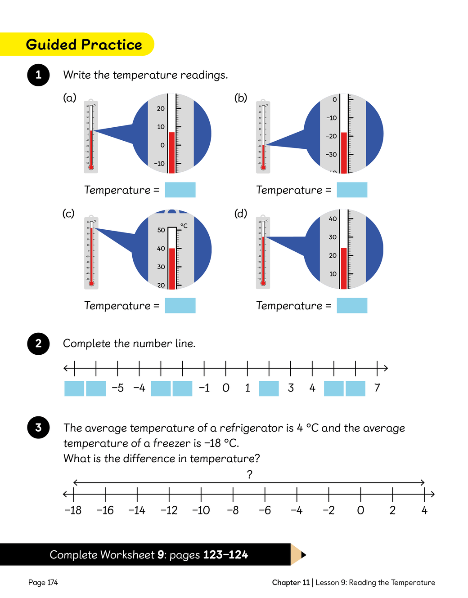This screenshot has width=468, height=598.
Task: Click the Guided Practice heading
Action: pos(84,45)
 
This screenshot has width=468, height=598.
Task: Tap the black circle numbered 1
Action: pos(38,75)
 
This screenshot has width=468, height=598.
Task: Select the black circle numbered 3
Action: pos(38,427)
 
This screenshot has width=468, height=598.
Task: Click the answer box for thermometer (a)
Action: pos(180,190)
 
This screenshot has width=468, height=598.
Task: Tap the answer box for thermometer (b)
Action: pos(352,190)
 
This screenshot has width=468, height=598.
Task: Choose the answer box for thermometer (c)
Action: pos(180,305)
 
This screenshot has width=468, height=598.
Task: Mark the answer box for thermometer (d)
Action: pos(352,305)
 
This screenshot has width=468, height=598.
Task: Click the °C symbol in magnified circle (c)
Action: pos(184,226)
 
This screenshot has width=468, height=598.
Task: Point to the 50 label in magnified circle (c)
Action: pos(161,230)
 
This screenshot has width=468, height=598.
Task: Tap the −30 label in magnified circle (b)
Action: pos(331,155)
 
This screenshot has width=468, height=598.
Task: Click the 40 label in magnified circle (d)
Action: pos(333,219)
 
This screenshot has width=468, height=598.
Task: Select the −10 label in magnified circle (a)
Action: pos(159,164)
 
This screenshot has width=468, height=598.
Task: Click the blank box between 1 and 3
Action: pos(269,388)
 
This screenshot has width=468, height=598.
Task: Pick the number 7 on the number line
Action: pos(377,388)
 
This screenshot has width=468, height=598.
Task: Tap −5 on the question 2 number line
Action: pos(118,388)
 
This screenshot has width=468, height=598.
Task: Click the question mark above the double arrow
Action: pos(250,474)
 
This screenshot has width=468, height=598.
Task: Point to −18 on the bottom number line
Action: pos(73,510)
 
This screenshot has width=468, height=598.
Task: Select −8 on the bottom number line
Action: pos(233,510)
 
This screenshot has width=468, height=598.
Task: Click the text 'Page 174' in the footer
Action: pos(43,583)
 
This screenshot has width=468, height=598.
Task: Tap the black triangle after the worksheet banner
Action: pos(303,554)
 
